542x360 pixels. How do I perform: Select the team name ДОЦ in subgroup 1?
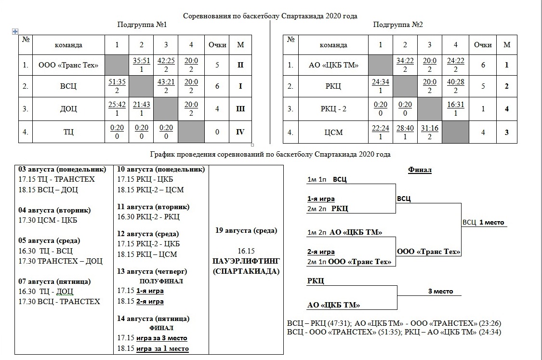point(69,109)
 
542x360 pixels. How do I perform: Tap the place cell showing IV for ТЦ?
point(240,132)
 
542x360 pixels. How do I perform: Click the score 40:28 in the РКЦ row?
point(455,82)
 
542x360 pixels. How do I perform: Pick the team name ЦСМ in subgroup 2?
point(333,132)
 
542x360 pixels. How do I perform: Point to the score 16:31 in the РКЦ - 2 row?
point(455,104)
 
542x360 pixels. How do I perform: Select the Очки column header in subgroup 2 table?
point(483,45)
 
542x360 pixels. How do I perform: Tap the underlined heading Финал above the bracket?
point(420,170)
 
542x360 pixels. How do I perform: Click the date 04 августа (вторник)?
point(54,210)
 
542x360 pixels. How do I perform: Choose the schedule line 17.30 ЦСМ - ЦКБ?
point(48,220)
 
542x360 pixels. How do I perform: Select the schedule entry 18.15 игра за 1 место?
point(153,348)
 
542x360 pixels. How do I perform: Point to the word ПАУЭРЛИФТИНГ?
point(246,261)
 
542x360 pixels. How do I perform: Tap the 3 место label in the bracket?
point(437,292)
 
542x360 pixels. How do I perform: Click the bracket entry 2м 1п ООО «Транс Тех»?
point(349,262)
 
